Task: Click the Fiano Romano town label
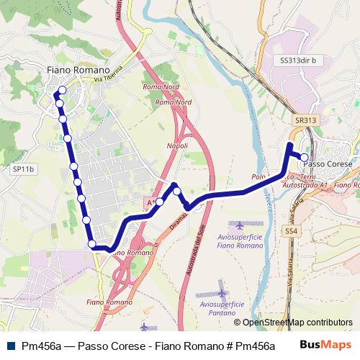click(x=78, y=69)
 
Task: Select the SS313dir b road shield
click(x=298, y=60)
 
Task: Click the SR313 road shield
click(x=305, y=120)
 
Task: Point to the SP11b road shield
click(x=23, y=169)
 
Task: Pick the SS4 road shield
click(x=291, y=231)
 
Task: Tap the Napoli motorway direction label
click(x=177, y=145)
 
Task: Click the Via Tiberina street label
click(x=109, y=73)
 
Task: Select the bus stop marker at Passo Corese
click(x=305, y=157)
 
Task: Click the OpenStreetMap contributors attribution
click(x=292, y=323)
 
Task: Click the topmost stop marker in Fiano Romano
click(x=62, y=90)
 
